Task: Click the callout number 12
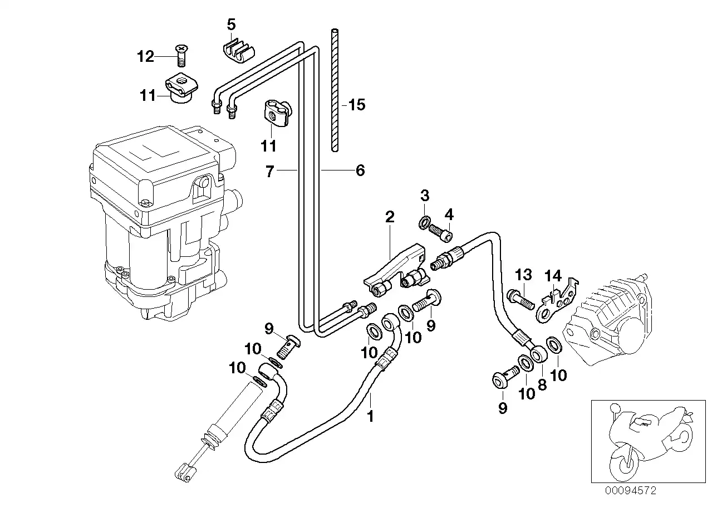pos(145,57)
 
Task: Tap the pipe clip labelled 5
pos(238,51)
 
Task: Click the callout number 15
pos(357,105)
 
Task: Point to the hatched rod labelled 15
pos(335,90)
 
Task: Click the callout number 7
pos(270,172)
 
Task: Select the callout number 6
pos(360,170)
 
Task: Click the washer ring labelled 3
pos(425,222)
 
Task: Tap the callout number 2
pos(390,217)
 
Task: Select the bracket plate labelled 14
pos(557,301)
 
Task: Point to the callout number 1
pos(370,416)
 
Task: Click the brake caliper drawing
pos(608,320)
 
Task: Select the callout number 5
pos(231,25)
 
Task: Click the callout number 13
pos(524,275)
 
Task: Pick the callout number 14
pos(553,276)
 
